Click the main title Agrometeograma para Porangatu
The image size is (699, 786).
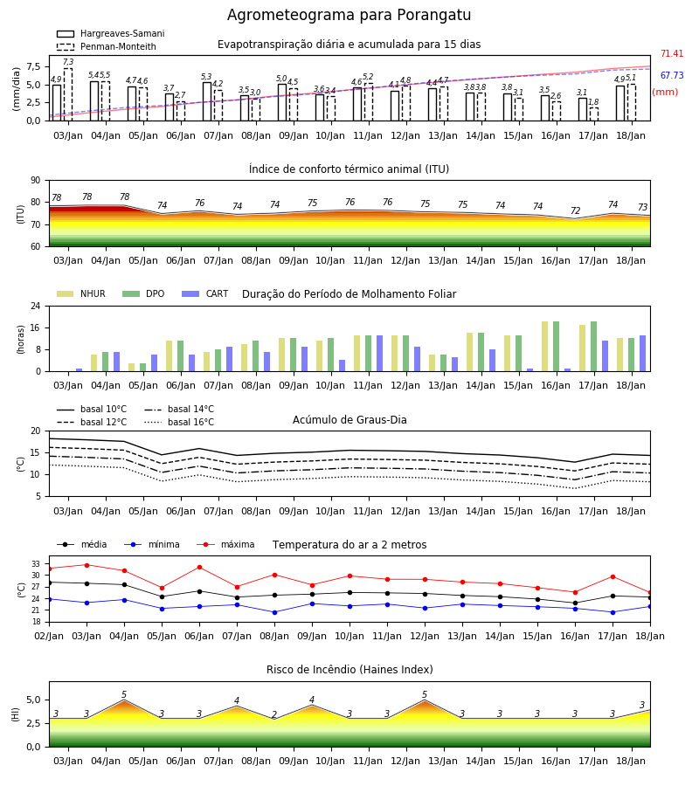349,15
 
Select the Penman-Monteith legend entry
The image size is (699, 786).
107,46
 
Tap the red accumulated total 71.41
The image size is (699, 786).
672,53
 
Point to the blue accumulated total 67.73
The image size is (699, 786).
672,76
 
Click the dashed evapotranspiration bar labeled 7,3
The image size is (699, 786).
67,94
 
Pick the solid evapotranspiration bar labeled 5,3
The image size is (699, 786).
207,101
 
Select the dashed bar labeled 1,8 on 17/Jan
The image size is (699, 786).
593,114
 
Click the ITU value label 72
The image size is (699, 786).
575,211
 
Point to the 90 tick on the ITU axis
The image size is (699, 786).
36,181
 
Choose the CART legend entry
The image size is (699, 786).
205,293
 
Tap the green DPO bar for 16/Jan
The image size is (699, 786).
556,347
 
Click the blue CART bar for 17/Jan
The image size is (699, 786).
606,356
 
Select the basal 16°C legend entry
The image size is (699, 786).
179,423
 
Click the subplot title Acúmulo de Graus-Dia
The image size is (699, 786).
349,420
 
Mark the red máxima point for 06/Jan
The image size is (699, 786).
199,568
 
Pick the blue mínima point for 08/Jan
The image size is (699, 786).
274,612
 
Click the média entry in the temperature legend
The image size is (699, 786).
82,544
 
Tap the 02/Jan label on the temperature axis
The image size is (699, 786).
49,636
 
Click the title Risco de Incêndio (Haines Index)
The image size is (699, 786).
349,670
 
